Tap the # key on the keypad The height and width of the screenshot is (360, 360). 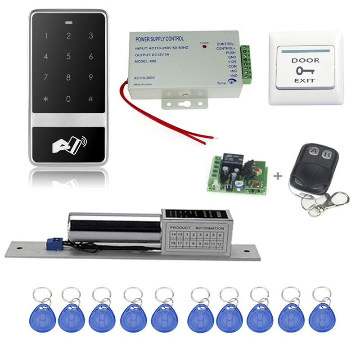point(90,99)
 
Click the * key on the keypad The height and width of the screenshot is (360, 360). point(46,99)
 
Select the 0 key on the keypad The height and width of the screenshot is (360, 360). point(68,99)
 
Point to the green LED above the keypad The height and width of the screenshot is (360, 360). point(68,21)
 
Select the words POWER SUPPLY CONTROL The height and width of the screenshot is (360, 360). point(159,39)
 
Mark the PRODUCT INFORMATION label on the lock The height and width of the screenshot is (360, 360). point(197,228)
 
